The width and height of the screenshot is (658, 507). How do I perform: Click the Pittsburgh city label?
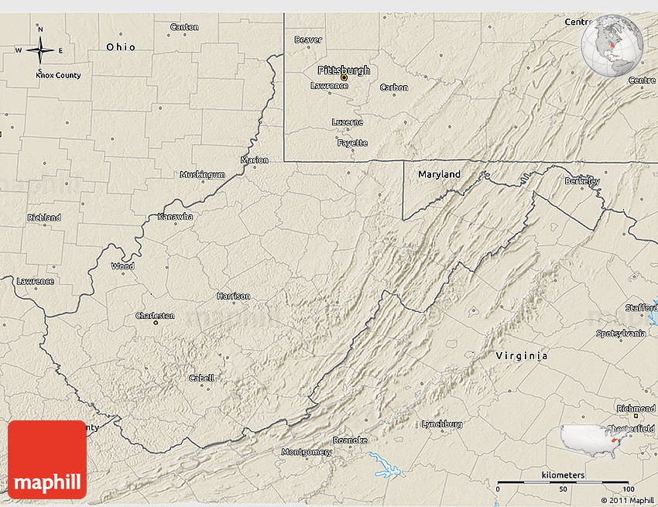[x=344, y=70]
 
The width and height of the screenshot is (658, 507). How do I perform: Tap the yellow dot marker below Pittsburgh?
[x=344, y=77]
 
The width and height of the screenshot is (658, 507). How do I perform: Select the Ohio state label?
[x=121, y=47]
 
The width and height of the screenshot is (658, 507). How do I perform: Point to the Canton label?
[x=184, y=27]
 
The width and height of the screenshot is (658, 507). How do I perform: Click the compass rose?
[x=40, y=50]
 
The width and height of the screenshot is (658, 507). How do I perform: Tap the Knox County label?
[x=58, y=75]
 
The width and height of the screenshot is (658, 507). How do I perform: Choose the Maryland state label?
[x=439, y=174]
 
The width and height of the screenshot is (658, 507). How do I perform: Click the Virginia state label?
[x=522, y=356]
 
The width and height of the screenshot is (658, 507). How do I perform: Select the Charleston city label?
[x=156, y=316]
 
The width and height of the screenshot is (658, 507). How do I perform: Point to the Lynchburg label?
[x=442, y=424]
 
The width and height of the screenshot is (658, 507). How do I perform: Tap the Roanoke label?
[x=350, y=440]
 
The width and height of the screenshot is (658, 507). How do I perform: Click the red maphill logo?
[x=47, y=460]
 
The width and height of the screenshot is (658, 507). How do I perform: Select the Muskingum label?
[x=202, y=175]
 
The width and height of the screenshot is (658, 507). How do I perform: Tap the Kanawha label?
[x=175, y=216]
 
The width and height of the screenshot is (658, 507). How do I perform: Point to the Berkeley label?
[x=582, y=181]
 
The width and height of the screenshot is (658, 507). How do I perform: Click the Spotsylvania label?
[x=621, y=334]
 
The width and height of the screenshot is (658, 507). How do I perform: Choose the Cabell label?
[x=202, y=378]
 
